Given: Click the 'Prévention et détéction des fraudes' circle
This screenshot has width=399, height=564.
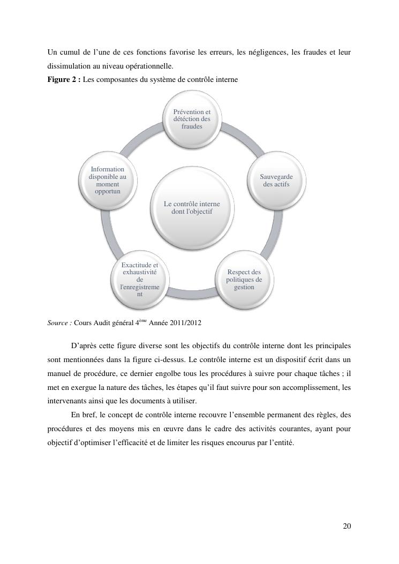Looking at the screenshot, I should coord(192,119).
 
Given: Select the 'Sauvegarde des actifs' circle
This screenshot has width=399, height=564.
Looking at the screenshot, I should coord(276,181).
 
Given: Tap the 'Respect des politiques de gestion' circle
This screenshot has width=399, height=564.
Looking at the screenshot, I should coord(244,280).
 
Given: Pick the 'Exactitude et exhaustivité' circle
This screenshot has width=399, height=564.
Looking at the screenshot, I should coord(140,280).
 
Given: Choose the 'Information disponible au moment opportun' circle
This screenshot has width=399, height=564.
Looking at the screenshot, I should coord(108,181).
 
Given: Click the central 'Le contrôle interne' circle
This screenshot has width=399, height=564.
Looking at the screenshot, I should coord(192,207).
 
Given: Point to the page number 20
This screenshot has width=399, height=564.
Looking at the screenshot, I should coord(347,526).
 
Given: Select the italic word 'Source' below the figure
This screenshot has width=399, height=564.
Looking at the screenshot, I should coord(57,323).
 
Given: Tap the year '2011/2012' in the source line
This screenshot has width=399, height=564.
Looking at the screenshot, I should coord(185,323).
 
